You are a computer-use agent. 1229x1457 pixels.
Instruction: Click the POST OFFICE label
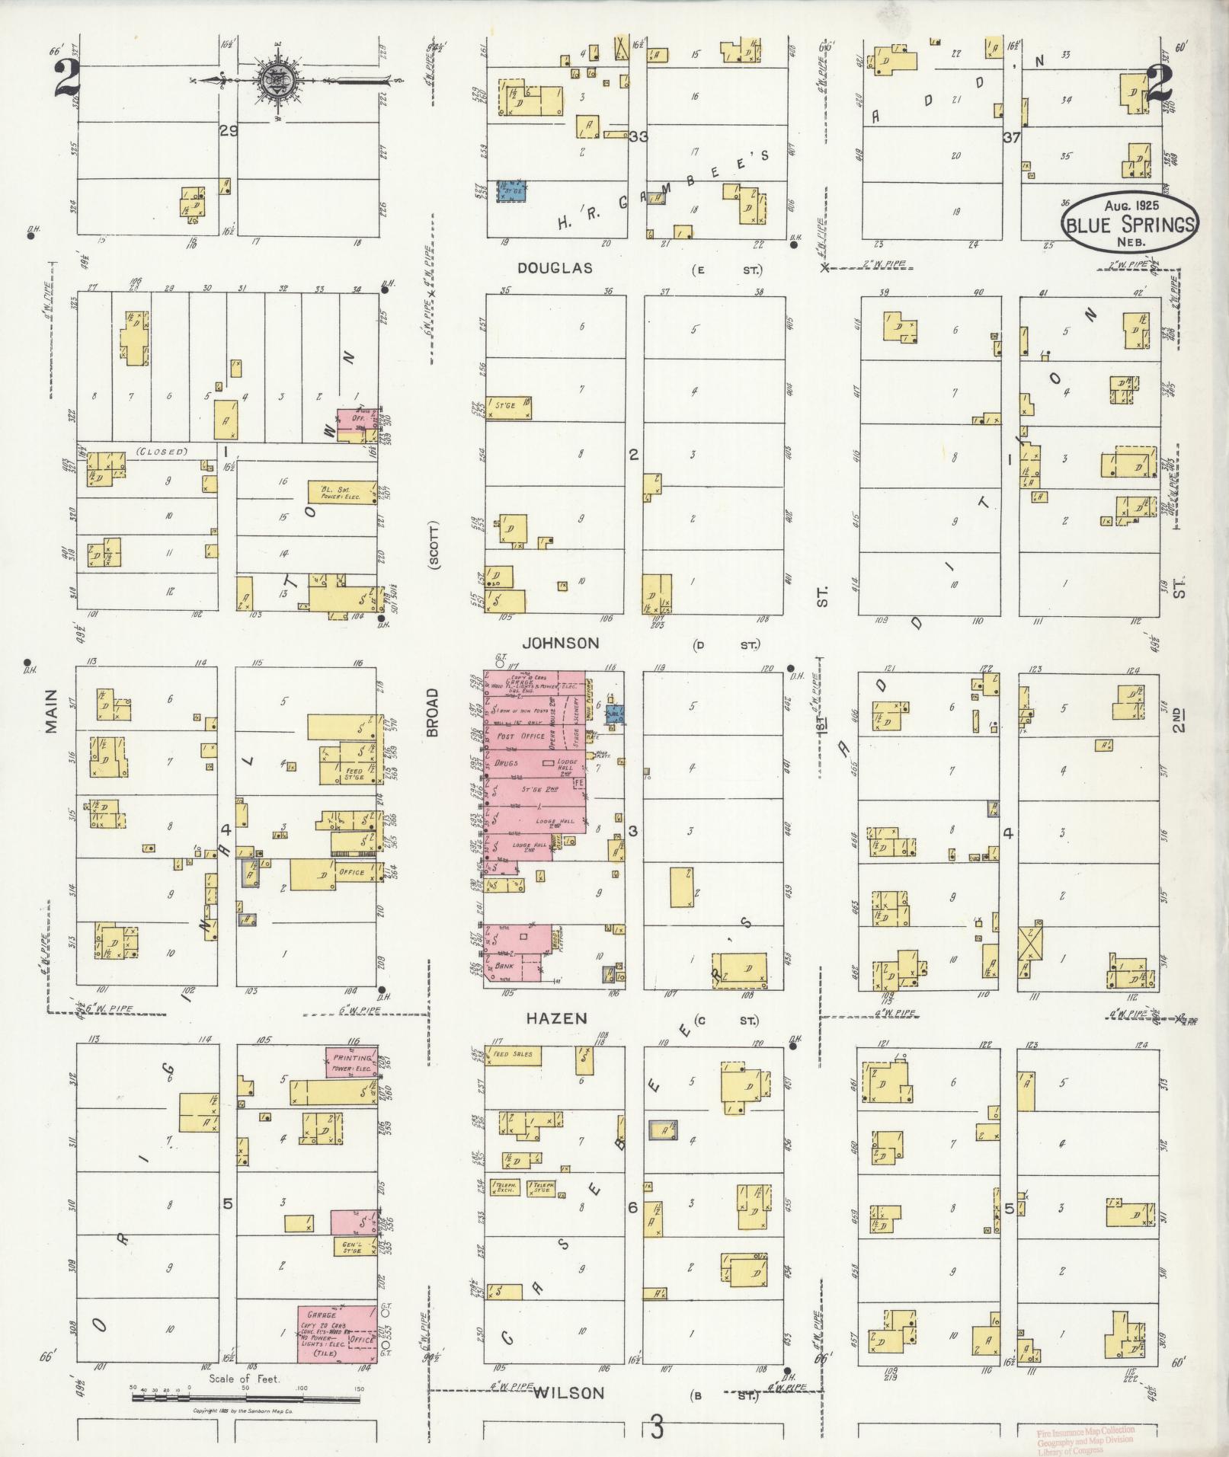(x=520, y=736)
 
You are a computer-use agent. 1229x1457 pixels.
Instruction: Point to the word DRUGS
(x=507, y=762)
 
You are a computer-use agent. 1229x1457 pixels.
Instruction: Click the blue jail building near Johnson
(x=615, y=714)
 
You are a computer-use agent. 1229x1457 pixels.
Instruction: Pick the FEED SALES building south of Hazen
(x=516, y=1055)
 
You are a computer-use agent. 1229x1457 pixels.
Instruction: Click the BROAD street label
(x=433, y=712)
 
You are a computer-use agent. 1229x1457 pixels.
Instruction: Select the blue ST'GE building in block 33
(x=513, y=190)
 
